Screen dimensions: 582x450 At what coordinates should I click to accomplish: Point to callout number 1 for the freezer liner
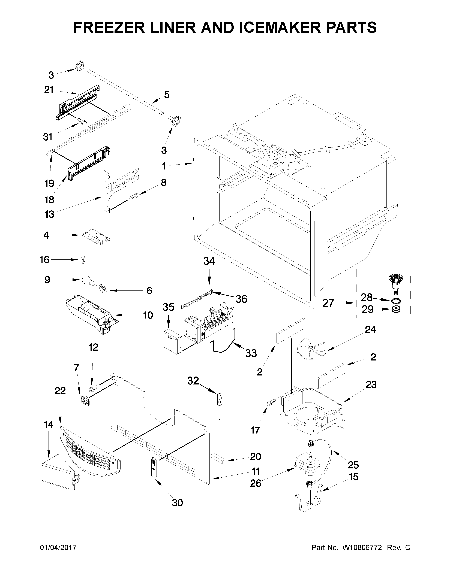tap(164, 166)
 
